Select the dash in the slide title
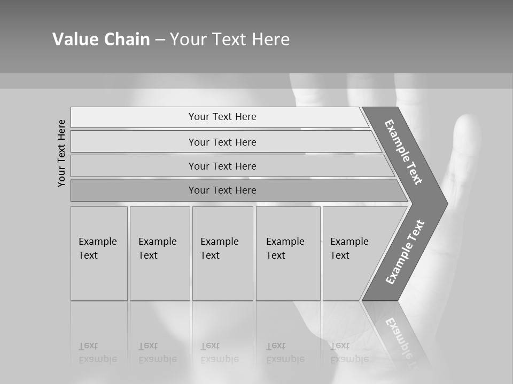160,40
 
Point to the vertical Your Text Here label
61,153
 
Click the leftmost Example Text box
99,253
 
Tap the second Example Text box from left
160,253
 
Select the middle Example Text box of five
222,253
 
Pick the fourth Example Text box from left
288,253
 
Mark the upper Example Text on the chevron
404,151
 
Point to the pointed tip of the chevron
445,203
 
